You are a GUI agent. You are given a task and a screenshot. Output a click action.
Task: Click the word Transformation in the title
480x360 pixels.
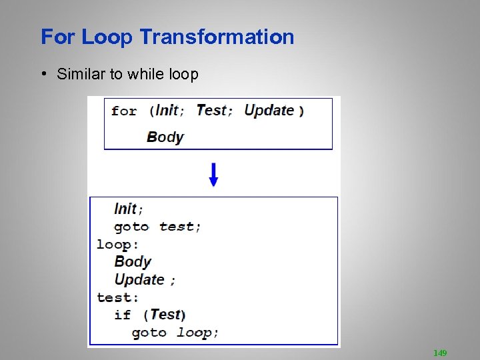click(x=217, y=37)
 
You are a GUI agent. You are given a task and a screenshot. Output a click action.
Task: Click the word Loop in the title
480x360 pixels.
click(x=107, y=37)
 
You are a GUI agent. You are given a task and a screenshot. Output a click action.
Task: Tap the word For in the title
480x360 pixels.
click(x=58, y=37)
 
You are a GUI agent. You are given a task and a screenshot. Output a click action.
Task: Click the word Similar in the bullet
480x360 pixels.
click(x=81, y=74)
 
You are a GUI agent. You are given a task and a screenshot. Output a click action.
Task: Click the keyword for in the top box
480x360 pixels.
click(x=124, y=111)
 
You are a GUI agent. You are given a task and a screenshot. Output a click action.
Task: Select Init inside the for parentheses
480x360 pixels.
click(x=167, y=110)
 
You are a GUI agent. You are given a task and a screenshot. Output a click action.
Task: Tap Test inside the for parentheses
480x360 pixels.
click(x=211, y=110)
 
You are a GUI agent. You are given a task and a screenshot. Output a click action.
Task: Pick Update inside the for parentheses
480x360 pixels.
click(x=269, y=110)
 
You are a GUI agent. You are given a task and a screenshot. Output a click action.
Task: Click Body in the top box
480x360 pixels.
click(x=165, y=137)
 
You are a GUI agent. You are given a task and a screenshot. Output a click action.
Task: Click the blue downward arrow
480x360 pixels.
click(x=213, y=174)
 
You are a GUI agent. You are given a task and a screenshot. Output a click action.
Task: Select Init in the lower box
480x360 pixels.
click(x=125, y=209)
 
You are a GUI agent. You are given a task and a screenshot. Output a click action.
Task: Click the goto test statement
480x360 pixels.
click(x=157, y=227)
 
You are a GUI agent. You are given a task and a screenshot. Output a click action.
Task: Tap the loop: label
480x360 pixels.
click(x=117, y=244)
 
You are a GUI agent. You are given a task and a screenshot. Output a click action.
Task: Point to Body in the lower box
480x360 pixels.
click(x=133, y=261)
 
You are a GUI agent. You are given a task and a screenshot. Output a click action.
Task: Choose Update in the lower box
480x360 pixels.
click(x=139, y=279)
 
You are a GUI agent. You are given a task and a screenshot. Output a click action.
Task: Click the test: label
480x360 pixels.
click(x=117, y=297)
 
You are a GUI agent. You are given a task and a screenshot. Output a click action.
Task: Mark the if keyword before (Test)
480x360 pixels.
click(x=123, y=315)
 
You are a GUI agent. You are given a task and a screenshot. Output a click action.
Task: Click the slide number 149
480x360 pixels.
click(x=440, y=353)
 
